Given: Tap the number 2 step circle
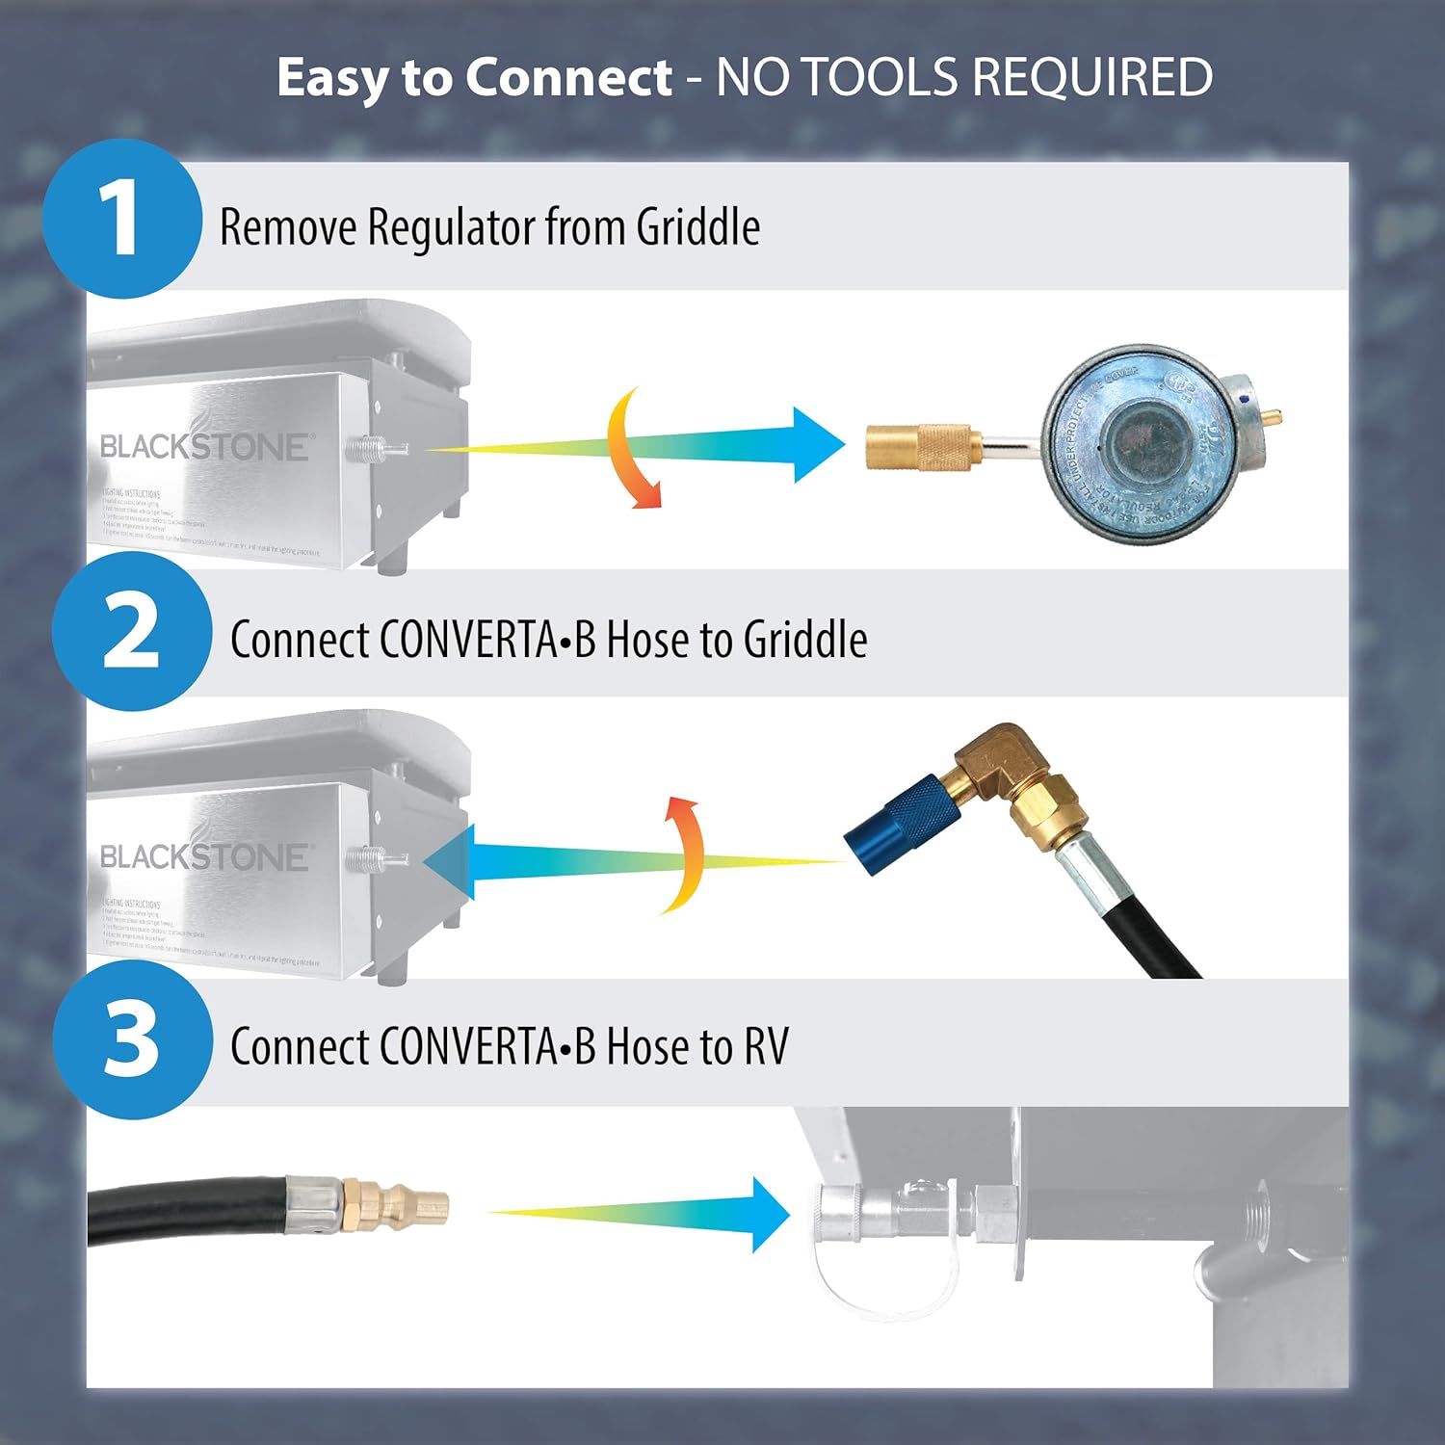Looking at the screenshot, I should (x=131, y=631).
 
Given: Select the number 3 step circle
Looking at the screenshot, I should (x=131, y=1039).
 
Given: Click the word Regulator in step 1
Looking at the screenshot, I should (x=450, y=227).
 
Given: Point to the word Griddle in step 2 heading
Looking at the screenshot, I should (x=805, y=640).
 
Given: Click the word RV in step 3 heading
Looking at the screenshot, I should (x=766, y=1047).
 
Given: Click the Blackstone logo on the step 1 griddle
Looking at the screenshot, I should (x=204, y=445).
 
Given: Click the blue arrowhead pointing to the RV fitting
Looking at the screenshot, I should (x=771, y=1214).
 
